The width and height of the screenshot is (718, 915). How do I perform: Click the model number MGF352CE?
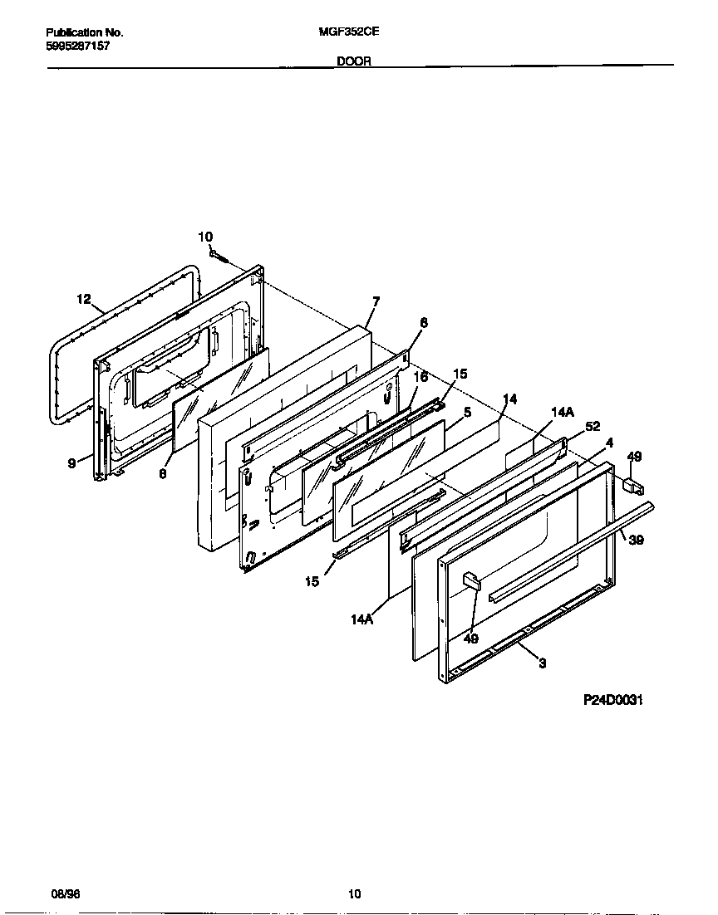[343, 32]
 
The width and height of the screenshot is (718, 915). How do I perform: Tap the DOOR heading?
[354, 61]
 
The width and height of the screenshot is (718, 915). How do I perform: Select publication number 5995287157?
[76, 46]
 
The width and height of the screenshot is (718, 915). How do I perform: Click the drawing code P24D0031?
[614, 700]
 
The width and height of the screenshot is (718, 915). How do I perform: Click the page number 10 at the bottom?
[355, 894]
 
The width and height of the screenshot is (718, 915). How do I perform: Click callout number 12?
[83, 299]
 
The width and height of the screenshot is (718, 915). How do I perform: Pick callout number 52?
[593, 426]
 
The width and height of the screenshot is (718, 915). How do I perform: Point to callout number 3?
[542, 663]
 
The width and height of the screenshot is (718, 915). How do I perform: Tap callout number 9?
[72, 463]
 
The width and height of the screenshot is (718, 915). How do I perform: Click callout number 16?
[420, 377]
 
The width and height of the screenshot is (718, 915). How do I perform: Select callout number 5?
[468, 411]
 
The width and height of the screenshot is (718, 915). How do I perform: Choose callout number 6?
[423, 322]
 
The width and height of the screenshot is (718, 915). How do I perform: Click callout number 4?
[609, 443]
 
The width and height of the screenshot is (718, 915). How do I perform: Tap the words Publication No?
[83, 32]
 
